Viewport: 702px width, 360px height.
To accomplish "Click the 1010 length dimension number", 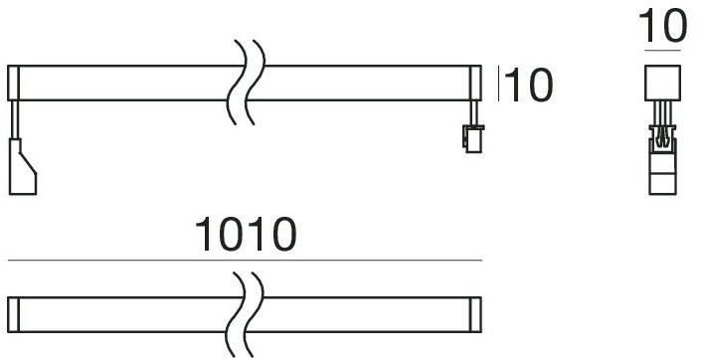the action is (245, 236).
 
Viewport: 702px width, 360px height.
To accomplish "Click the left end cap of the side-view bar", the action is (13, 82).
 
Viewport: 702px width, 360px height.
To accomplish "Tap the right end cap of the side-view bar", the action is (475, 82).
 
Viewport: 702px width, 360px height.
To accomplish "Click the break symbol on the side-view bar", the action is (245, 82).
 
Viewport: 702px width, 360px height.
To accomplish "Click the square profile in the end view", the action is (660, 82).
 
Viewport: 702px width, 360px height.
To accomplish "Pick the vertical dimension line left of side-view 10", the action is (499, 84).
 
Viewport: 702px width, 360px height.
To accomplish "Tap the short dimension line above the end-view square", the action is (662, 49).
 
